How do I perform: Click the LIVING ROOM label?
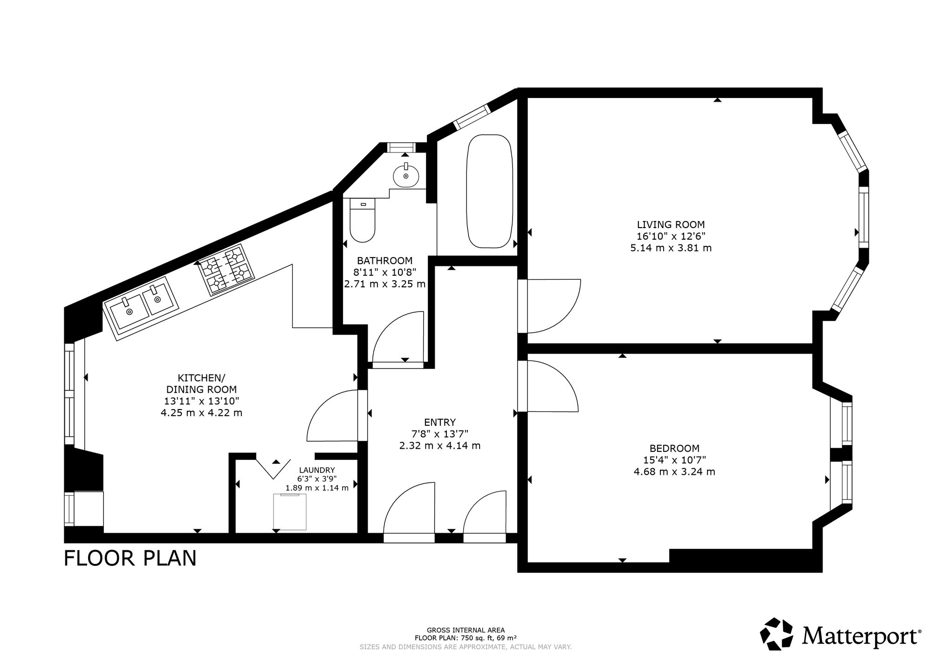671,224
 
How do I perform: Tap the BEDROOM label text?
674,449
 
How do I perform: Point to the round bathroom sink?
406,175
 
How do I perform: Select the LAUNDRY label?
317,470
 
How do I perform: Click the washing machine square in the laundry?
290,512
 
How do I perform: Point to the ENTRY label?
440,423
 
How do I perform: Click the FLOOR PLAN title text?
130,558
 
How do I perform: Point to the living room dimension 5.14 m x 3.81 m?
671,248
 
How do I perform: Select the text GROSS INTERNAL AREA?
466,630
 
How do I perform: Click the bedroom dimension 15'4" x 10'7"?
674,460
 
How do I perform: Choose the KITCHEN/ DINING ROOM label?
201,383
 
